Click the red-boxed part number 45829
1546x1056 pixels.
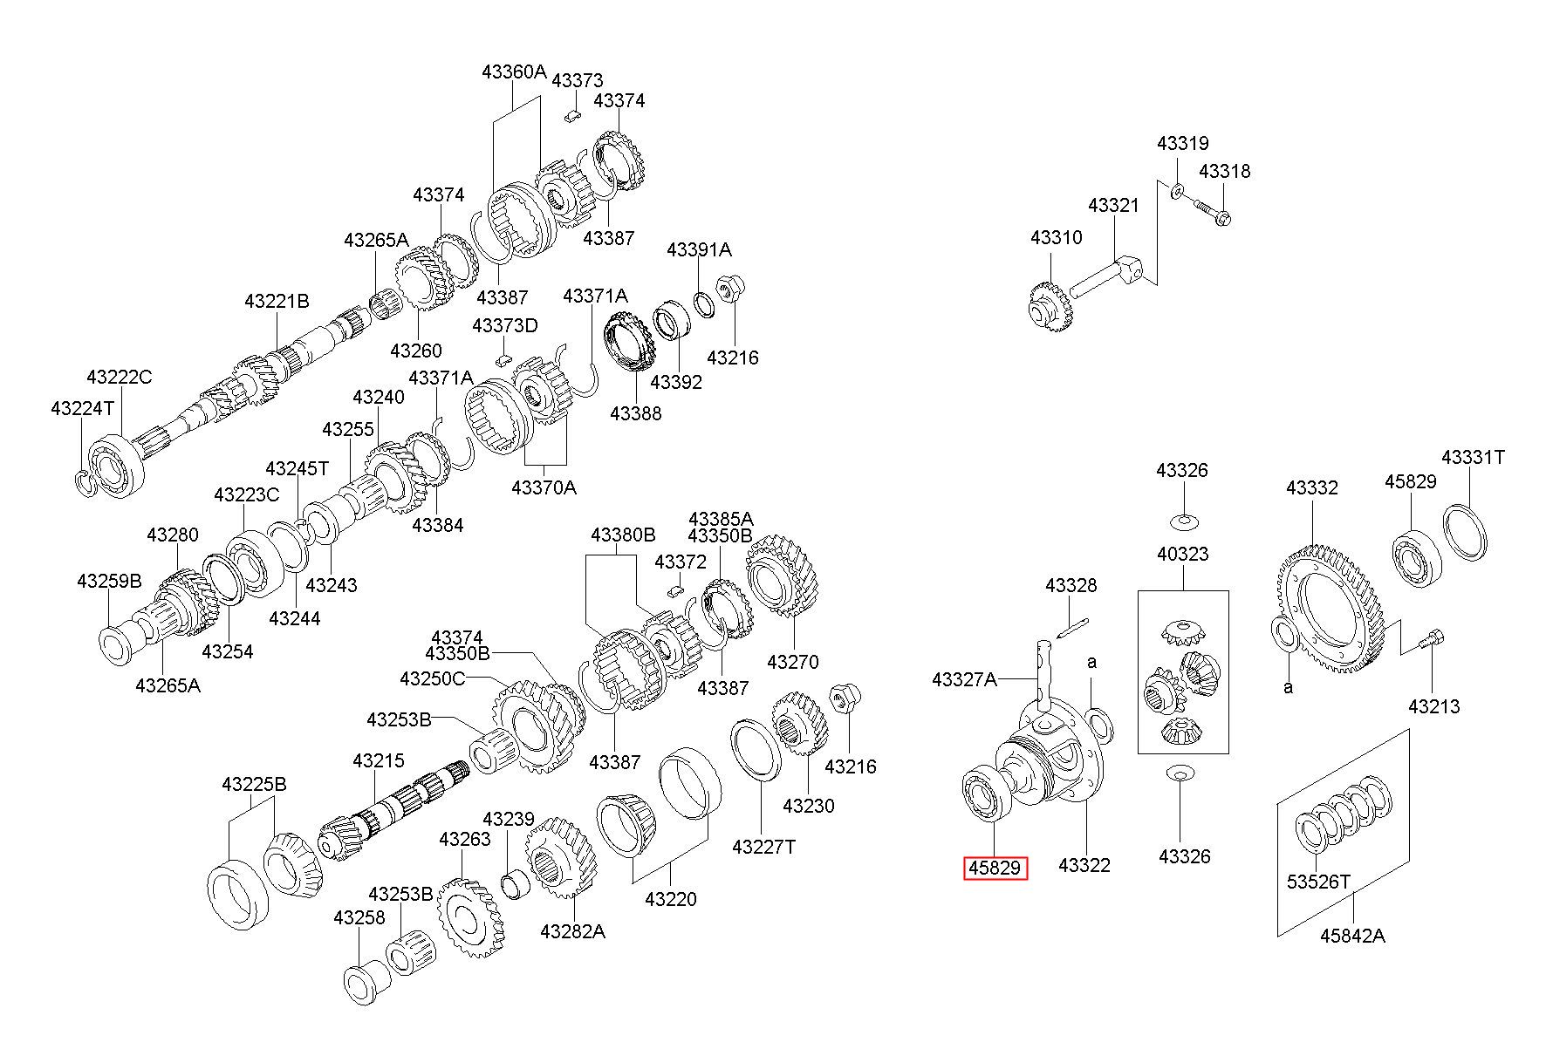tap(995, 869)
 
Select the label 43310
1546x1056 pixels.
tap(1056, 238)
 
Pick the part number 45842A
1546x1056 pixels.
tap(1352, 936)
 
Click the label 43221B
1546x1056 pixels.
tap(277, 302)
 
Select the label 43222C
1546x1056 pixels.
tap(120, 378)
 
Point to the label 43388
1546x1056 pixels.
tap(636, 413)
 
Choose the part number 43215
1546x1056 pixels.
tap(379, 761)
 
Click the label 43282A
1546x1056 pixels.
tap(572, 931)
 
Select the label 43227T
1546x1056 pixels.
tap(763, 847)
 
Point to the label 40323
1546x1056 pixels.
tap(1183, 554)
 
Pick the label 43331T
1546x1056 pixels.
tap(1473, 457)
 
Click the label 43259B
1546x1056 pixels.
tap(109, 581)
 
